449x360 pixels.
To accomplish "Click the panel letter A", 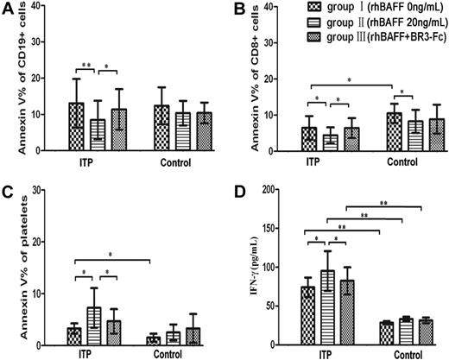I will pyautogui.click(x=7, y=9).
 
